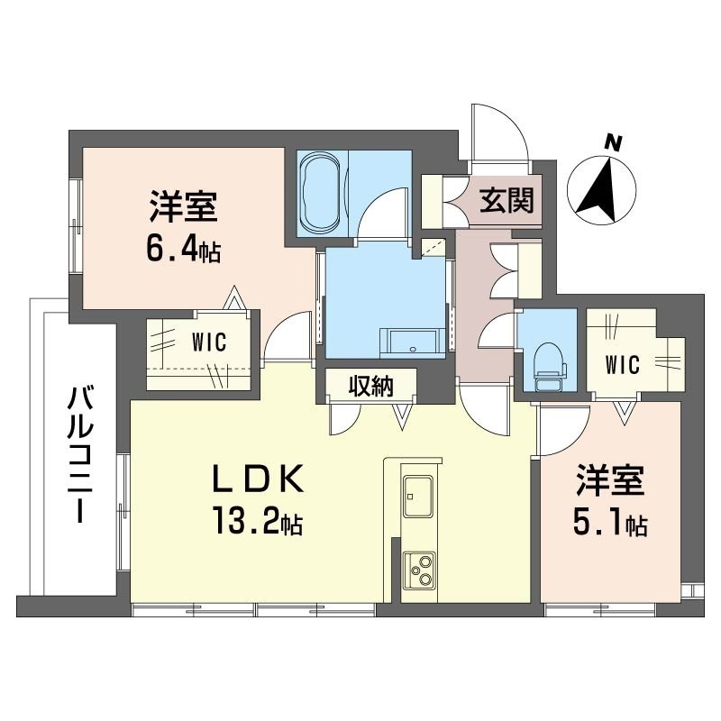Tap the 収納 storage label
371,387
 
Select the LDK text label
255,482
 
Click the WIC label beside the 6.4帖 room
208,343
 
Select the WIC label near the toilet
622,364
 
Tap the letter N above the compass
614,141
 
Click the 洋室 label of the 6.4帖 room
182,208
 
